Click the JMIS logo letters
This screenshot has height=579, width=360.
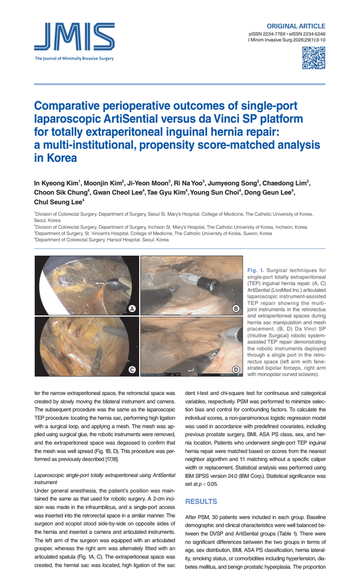click(x=74, y=38)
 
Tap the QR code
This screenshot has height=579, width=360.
click(x=314, y=58)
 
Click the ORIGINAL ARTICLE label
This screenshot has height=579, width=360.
click(x=296, y=26)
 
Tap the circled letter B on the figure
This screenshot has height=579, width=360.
click(x=236, y=309)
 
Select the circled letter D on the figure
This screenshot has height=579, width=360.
click(x=236, y=369)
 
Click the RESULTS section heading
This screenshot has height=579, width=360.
click(x=201, y=501)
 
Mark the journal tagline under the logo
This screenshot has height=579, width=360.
click(x=74, y=59)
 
